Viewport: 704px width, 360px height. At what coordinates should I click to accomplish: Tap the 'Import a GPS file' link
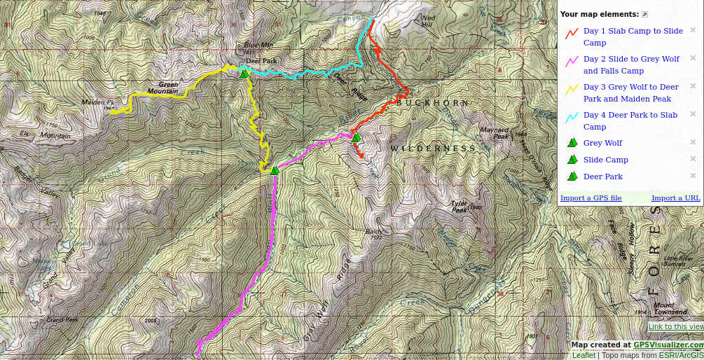click(x=591, y=198)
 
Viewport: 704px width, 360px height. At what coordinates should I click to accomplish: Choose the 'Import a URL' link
click(x=675, y=198)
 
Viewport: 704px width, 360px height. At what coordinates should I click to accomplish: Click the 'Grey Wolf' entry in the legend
click(x=602, y=143)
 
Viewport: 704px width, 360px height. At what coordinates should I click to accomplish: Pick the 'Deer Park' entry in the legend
click(x=602, y=176)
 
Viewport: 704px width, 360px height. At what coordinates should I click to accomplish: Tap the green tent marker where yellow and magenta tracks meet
click(x=275, y=169)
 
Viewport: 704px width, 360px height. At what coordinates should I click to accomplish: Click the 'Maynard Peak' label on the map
click(x=494, y=132)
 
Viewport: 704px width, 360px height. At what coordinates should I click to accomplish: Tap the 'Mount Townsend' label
click(x=670, y=308)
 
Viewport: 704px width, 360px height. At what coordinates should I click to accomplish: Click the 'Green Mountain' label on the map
click(x=163, y=88)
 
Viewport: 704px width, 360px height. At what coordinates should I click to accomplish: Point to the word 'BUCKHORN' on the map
click(x=433, y=103)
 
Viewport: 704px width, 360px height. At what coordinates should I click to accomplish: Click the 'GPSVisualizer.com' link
click(x=668, y=345)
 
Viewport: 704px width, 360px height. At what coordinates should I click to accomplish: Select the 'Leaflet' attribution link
click(x=584, y=355)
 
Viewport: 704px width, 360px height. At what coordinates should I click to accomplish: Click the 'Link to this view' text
click(x=676, y=326)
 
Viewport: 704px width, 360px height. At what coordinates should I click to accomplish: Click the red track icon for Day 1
click(x=572, y=31)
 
